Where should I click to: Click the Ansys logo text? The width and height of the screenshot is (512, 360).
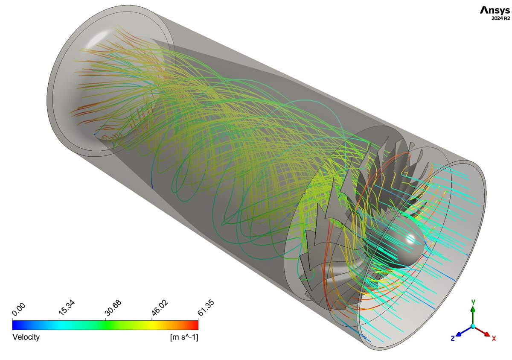click(x=495, y=11)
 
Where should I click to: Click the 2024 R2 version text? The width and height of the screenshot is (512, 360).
click(x=500, y=18)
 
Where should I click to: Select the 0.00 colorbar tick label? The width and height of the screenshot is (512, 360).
click(x=18, y=310)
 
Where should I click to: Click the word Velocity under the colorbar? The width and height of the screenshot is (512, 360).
click(x=26, y=337)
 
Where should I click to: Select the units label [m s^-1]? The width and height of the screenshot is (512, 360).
click(x=184, y=337)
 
